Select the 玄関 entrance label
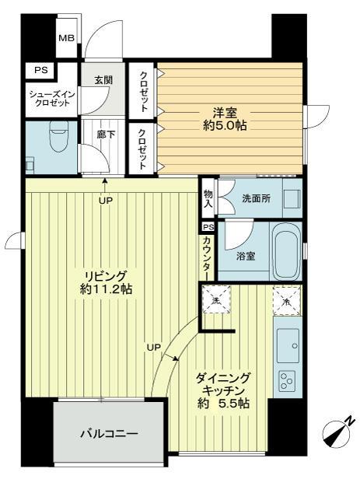[104, 80]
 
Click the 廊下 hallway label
[103, 134]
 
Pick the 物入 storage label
[208, 198]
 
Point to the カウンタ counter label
[208, 254]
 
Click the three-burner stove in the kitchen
[287, 382]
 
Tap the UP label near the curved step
[156, 347]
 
